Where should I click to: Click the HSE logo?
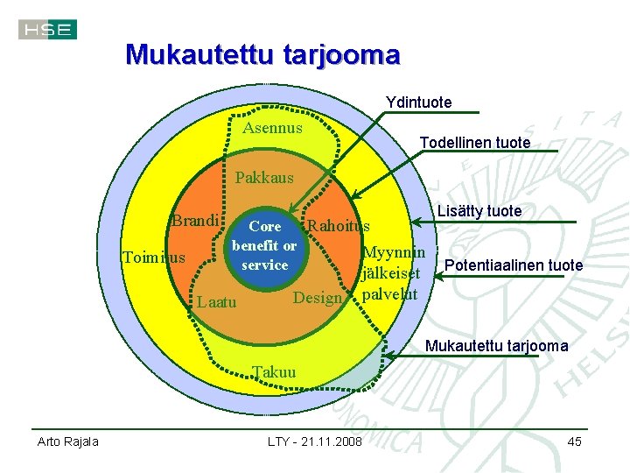[x=47, y=30]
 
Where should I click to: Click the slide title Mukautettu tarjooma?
[x=262, y=55]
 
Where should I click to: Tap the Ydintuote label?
[x=419, y=102]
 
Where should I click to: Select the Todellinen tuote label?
[x=474, y=142]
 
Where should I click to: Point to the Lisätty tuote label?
[x=479, y=211]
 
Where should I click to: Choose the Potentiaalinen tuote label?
[x=514, y=265]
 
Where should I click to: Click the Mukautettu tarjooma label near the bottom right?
[x=496, y=346]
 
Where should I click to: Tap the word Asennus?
[x=272, y=128]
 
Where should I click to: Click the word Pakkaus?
[x=264, y=178]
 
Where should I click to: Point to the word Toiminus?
[x=154, y=258]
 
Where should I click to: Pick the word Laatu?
[x=216, y=302]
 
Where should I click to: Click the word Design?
[x=317, y=298]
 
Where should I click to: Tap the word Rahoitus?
[x=339, y=226]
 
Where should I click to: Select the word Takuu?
[x=274, y=372]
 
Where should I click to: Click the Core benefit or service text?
[x=264, y=245]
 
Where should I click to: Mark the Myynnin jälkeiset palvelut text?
[x=393, y=272]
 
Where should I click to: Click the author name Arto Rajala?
[x=67, y=441]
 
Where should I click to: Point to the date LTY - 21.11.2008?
[x=314, y=441]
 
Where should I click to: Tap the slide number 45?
[x=574, y=441]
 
